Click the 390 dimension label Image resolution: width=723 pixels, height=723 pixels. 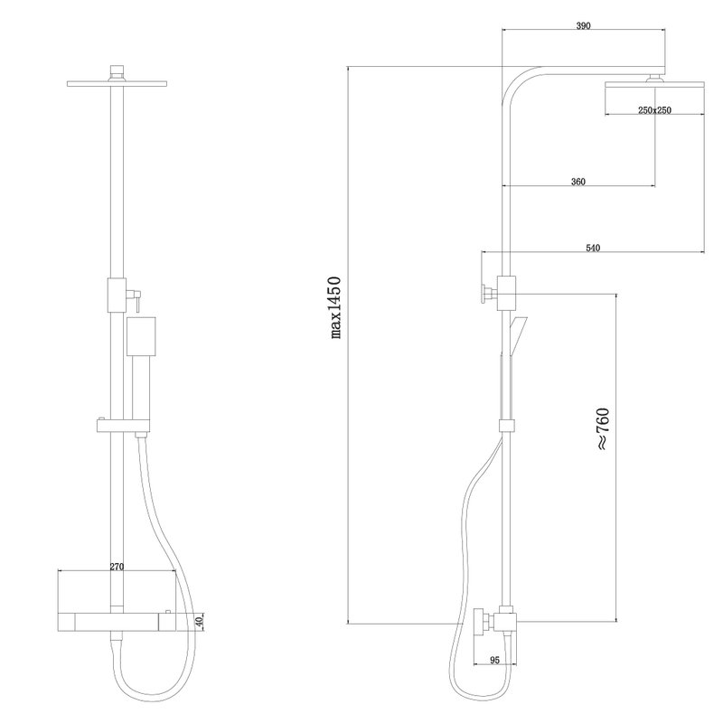tap(583, 26)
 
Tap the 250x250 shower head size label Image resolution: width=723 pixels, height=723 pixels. tap(654, 110)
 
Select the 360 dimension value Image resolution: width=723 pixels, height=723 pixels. tap(577, 182)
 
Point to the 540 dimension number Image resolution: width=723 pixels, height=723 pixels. tap(593, 248)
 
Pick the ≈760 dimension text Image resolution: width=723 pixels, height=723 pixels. tap(604, 428)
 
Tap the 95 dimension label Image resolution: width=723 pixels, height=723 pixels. tap(494, 661)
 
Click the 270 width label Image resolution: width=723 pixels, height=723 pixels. tap(117, 567)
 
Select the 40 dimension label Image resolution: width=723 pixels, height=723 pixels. tap(199, 623)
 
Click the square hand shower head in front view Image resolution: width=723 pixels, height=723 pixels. tap(141, 336)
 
